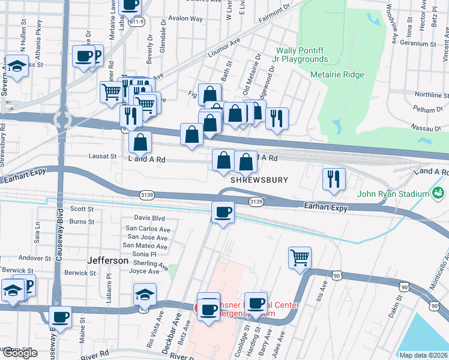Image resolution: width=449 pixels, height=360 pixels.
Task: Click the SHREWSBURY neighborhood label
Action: (x=259, y=180)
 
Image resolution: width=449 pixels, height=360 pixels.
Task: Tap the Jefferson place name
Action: (x=108, y=261)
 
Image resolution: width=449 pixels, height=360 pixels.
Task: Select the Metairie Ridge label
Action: (x=337, y=74)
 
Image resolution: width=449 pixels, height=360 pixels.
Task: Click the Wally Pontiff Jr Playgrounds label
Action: (x=302, y=55)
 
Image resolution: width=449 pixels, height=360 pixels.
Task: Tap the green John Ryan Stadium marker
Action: (x=438, y=193)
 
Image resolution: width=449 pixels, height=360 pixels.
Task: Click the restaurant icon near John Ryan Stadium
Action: (x=334, y=179)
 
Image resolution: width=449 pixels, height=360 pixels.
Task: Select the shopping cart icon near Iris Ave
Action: (x=300, y=258)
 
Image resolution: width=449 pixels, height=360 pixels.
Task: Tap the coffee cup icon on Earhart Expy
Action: (x=223, y=212)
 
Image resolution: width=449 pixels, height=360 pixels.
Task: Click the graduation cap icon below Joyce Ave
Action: (x=145, y=295)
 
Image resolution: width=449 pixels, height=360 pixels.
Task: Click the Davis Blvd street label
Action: (x=149, y=218)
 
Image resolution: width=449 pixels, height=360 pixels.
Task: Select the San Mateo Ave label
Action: (x=145, y=245)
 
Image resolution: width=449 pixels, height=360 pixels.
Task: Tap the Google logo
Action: (x=20, y=353)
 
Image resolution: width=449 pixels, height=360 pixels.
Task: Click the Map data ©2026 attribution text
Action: (x=423, y=355)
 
